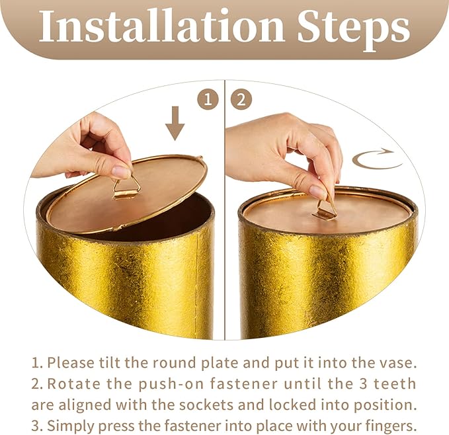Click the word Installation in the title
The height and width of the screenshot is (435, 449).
161,26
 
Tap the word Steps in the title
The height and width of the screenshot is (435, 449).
354,30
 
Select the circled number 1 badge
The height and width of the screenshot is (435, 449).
208,100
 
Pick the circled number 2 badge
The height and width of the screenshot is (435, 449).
241,100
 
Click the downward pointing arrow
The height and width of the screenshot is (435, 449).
175,124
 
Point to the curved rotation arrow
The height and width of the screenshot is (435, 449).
377,159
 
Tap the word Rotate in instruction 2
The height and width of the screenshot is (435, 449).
74,384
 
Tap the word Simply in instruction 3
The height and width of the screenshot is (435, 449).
69,426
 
